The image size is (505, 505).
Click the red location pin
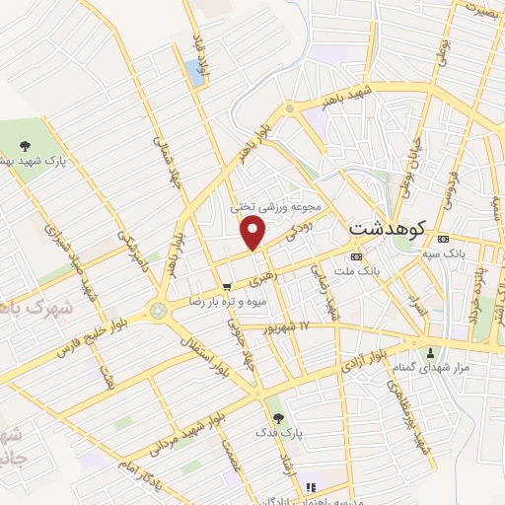pos(254,233)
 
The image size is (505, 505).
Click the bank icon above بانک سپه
pos(441,238)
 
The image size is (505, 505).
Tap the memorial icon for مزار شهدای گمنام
pos(430,353)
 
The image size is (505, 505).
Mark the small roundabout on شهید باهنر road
pos(288,108)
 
